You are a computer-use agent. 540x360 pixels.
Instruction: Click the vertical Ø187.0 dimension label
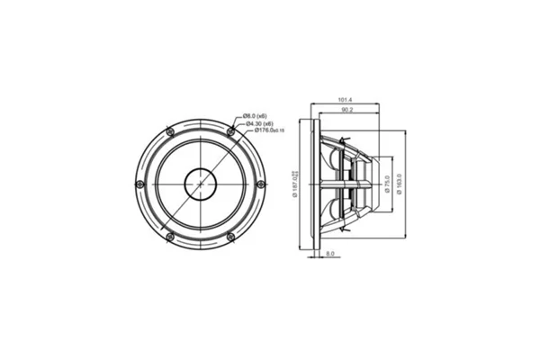pos(297,184)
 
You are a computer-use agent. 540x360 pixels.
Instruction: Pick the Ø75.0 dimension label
pos(386,184)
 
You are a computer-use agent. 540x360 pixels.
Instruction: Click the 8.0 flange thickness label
pos(330,255)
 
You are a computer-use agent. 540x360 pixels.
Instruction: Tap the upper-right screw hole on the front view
pos(231,131)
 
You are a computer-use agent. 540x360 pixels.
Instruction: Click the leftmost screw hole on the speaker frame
pos(137,184)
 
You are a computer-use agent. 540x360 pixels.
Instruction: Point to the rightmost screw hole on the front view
pos(261,184)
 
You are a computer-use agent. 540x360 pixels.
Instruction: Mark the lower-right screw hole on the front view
pos(231,238)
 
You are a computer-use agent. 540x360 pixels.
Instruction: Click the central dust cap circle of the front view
pos(199,184)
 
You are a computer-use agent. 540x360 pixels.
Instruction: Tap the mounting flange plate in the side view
pos(314,184)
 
